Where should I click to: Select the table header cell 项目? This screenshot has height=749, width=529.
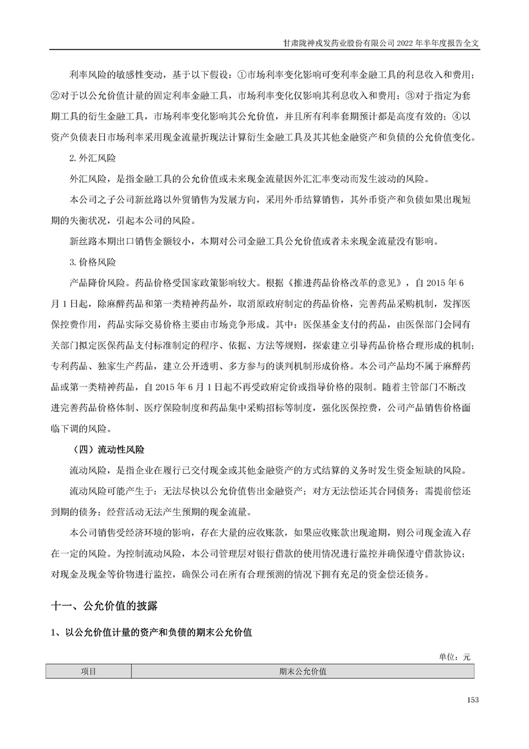(x=89, y=671)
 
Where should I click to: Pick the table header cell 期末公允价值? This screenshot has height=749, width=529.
(x=303, y=671)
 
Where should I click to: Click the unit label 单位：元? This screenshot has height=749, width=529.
(x=455, y=657)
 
